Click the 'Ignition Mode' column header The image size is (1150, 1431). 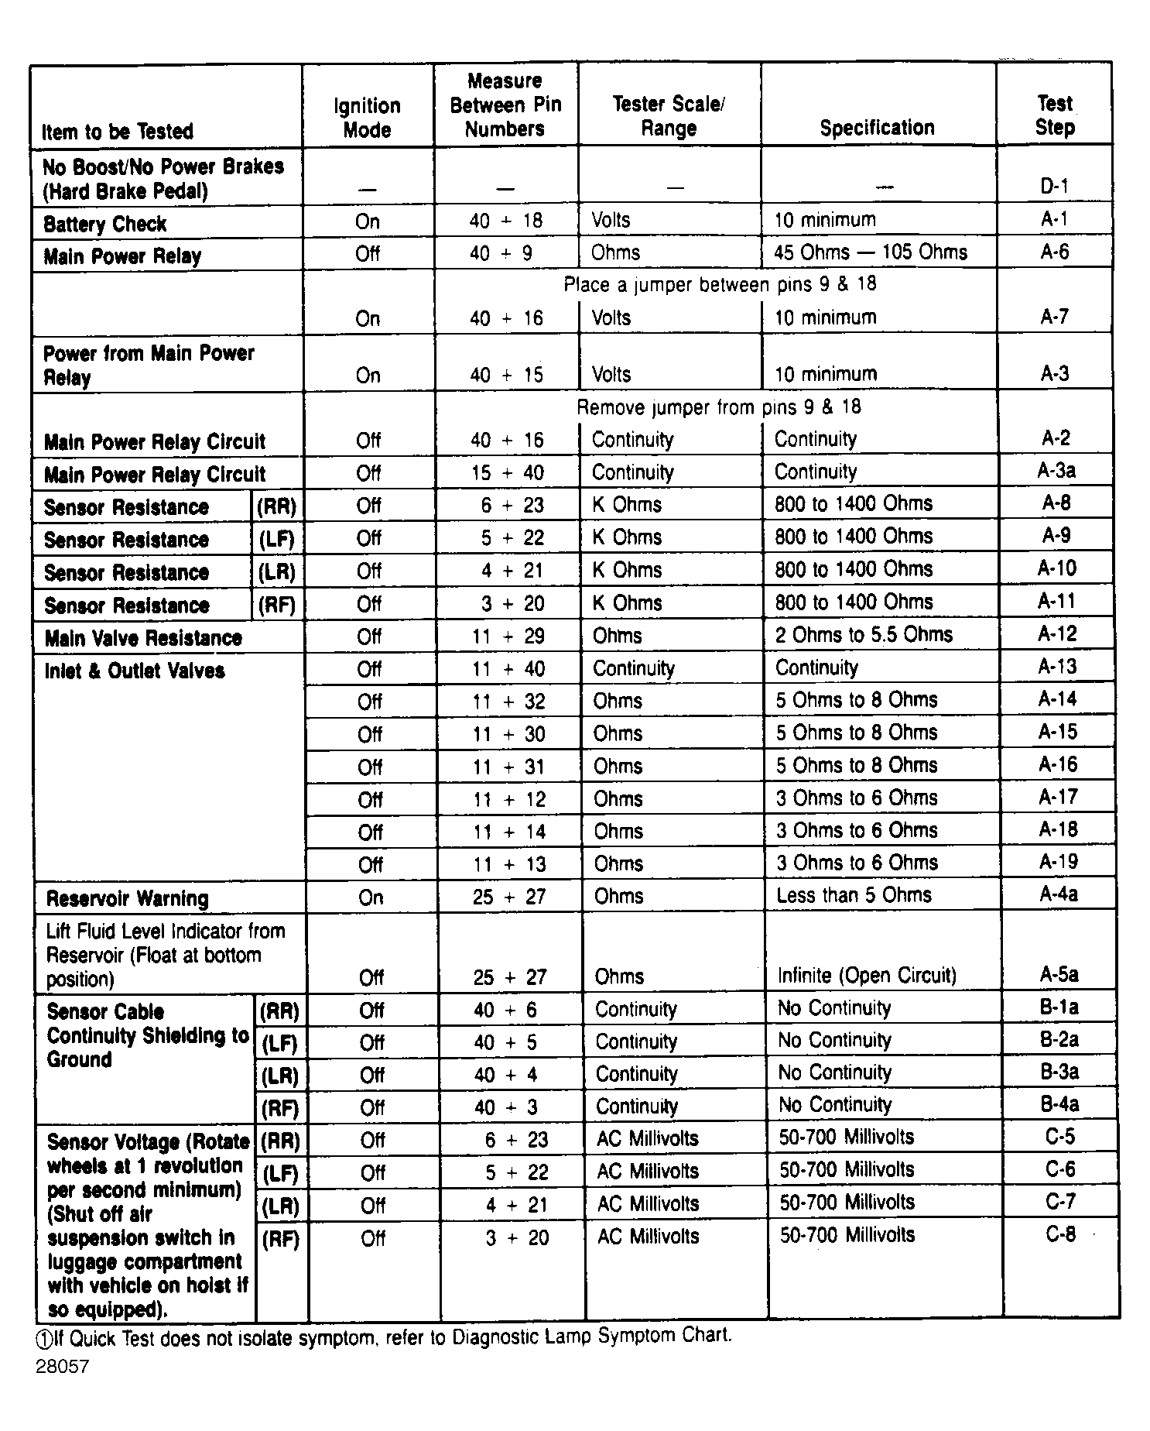point(367,118)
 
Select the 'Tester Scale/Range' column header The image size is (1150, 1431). point(669,116)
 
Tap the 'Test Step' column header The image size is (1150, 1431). point(1055,115)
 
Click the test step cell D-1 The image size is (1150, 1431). point(1054,186)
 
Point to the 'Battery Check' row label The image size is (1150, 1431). point(105,225)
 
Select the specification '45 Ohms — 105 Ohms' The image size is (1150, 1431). point(871,252)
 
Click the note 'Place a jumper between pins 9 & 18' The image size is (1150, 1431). point(720,285)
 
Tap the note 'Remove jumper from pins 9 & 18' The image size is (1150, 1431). point(719,407)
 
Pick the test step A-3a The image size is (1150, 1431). point(1056,471)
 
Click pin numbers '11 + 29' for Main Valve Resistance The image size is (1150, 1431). point(508,637)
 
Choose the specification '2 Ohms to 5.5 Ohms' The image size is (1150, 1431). point(864,635)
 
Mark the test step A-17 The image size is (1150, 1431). point(1058,798)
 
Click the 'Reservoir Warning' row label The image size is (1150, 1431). point(128,899)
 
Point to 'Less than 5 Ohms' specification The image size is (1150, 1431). point(854,896)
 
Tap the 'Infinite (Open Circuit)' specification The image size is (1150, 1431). point(867,976)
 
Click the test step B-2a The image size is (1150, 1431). point(1059,1040)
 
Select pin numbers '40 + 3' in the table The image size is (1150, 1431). point(506,1107)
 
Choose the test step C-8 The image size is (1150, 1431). point(1060,1234)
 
